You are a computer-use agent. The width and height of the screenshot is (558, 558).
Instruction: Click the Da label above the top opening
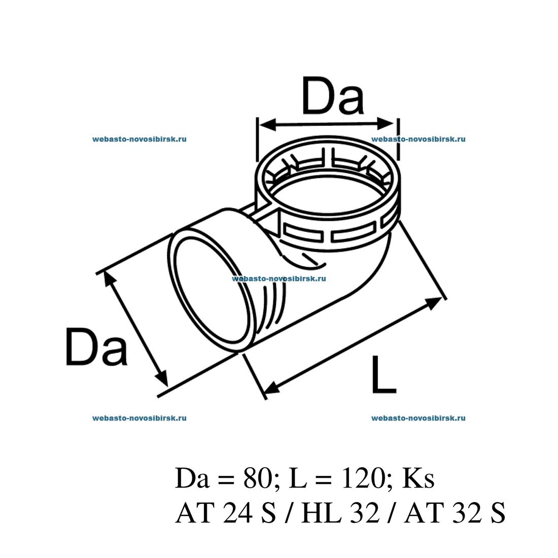tap(333, 95)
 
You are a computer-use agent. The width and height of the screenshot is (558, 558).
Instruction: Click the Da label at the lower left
tap(96, 347)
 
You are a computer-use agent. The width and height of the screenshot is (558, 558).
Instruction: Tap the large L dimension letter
tap(383, 375)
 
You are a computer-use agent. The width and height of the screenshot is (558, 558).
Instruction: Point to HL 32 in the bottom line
tap(340, 513)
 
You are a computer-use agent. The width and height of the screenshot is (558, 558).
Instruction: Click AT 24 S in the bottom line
tap(226, 513)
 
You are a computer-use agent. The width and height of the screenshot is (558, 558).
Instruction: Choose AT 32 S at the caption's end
tap(455, 513)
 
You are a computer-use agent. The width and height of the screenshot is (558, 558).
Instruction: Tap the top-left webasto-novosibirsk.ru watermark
tap(139, 139)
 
